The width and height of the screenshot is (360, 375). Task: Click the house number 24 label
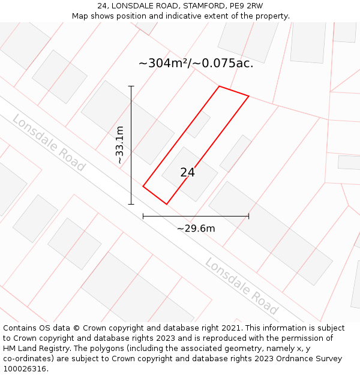click(187, 173)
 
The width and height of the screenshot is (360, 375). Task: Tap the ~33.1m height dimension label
click(120, 145)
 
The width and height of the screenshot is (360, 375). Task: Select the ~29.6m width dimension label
click(196, 228)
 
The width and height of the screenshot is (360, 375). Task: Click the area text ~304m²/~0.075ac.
click(196, 64)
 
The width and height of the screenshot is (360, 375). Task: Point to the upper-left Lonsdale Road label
click(49, 143)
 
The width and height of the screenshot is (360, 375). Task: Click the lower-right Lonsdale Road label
click(241, 286)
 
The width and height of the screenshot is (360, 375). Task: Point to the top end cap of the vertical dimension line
click(131, 86)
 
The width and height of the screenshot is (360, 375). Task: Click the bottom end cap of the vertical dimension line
click(131, 204)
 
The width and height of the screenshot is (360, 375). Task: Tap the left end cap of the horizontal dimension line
click(143, 216)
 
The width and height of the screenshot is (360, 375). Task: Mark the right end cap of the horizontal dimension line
click(248, 216)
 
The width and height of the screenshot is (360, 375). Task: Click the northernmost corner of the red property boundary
click(219, 86)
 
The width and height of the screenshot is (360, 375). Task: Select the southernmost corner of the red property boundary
click(166, 204)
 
